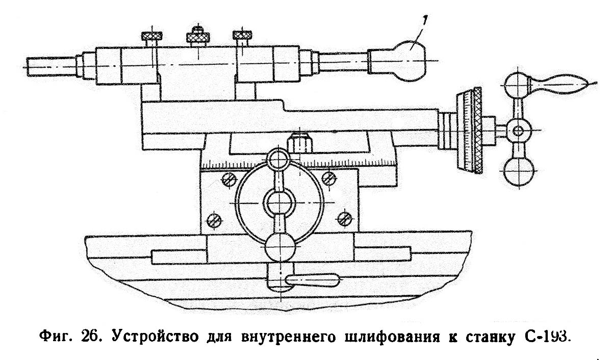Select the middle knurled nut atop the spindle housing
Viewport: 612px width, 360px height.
(x=196, y=36)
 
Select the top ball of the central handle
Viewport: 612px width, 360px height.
(x=280, y=160)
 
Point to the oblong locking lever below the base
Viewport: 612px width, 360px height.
(x=312, y=280)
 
